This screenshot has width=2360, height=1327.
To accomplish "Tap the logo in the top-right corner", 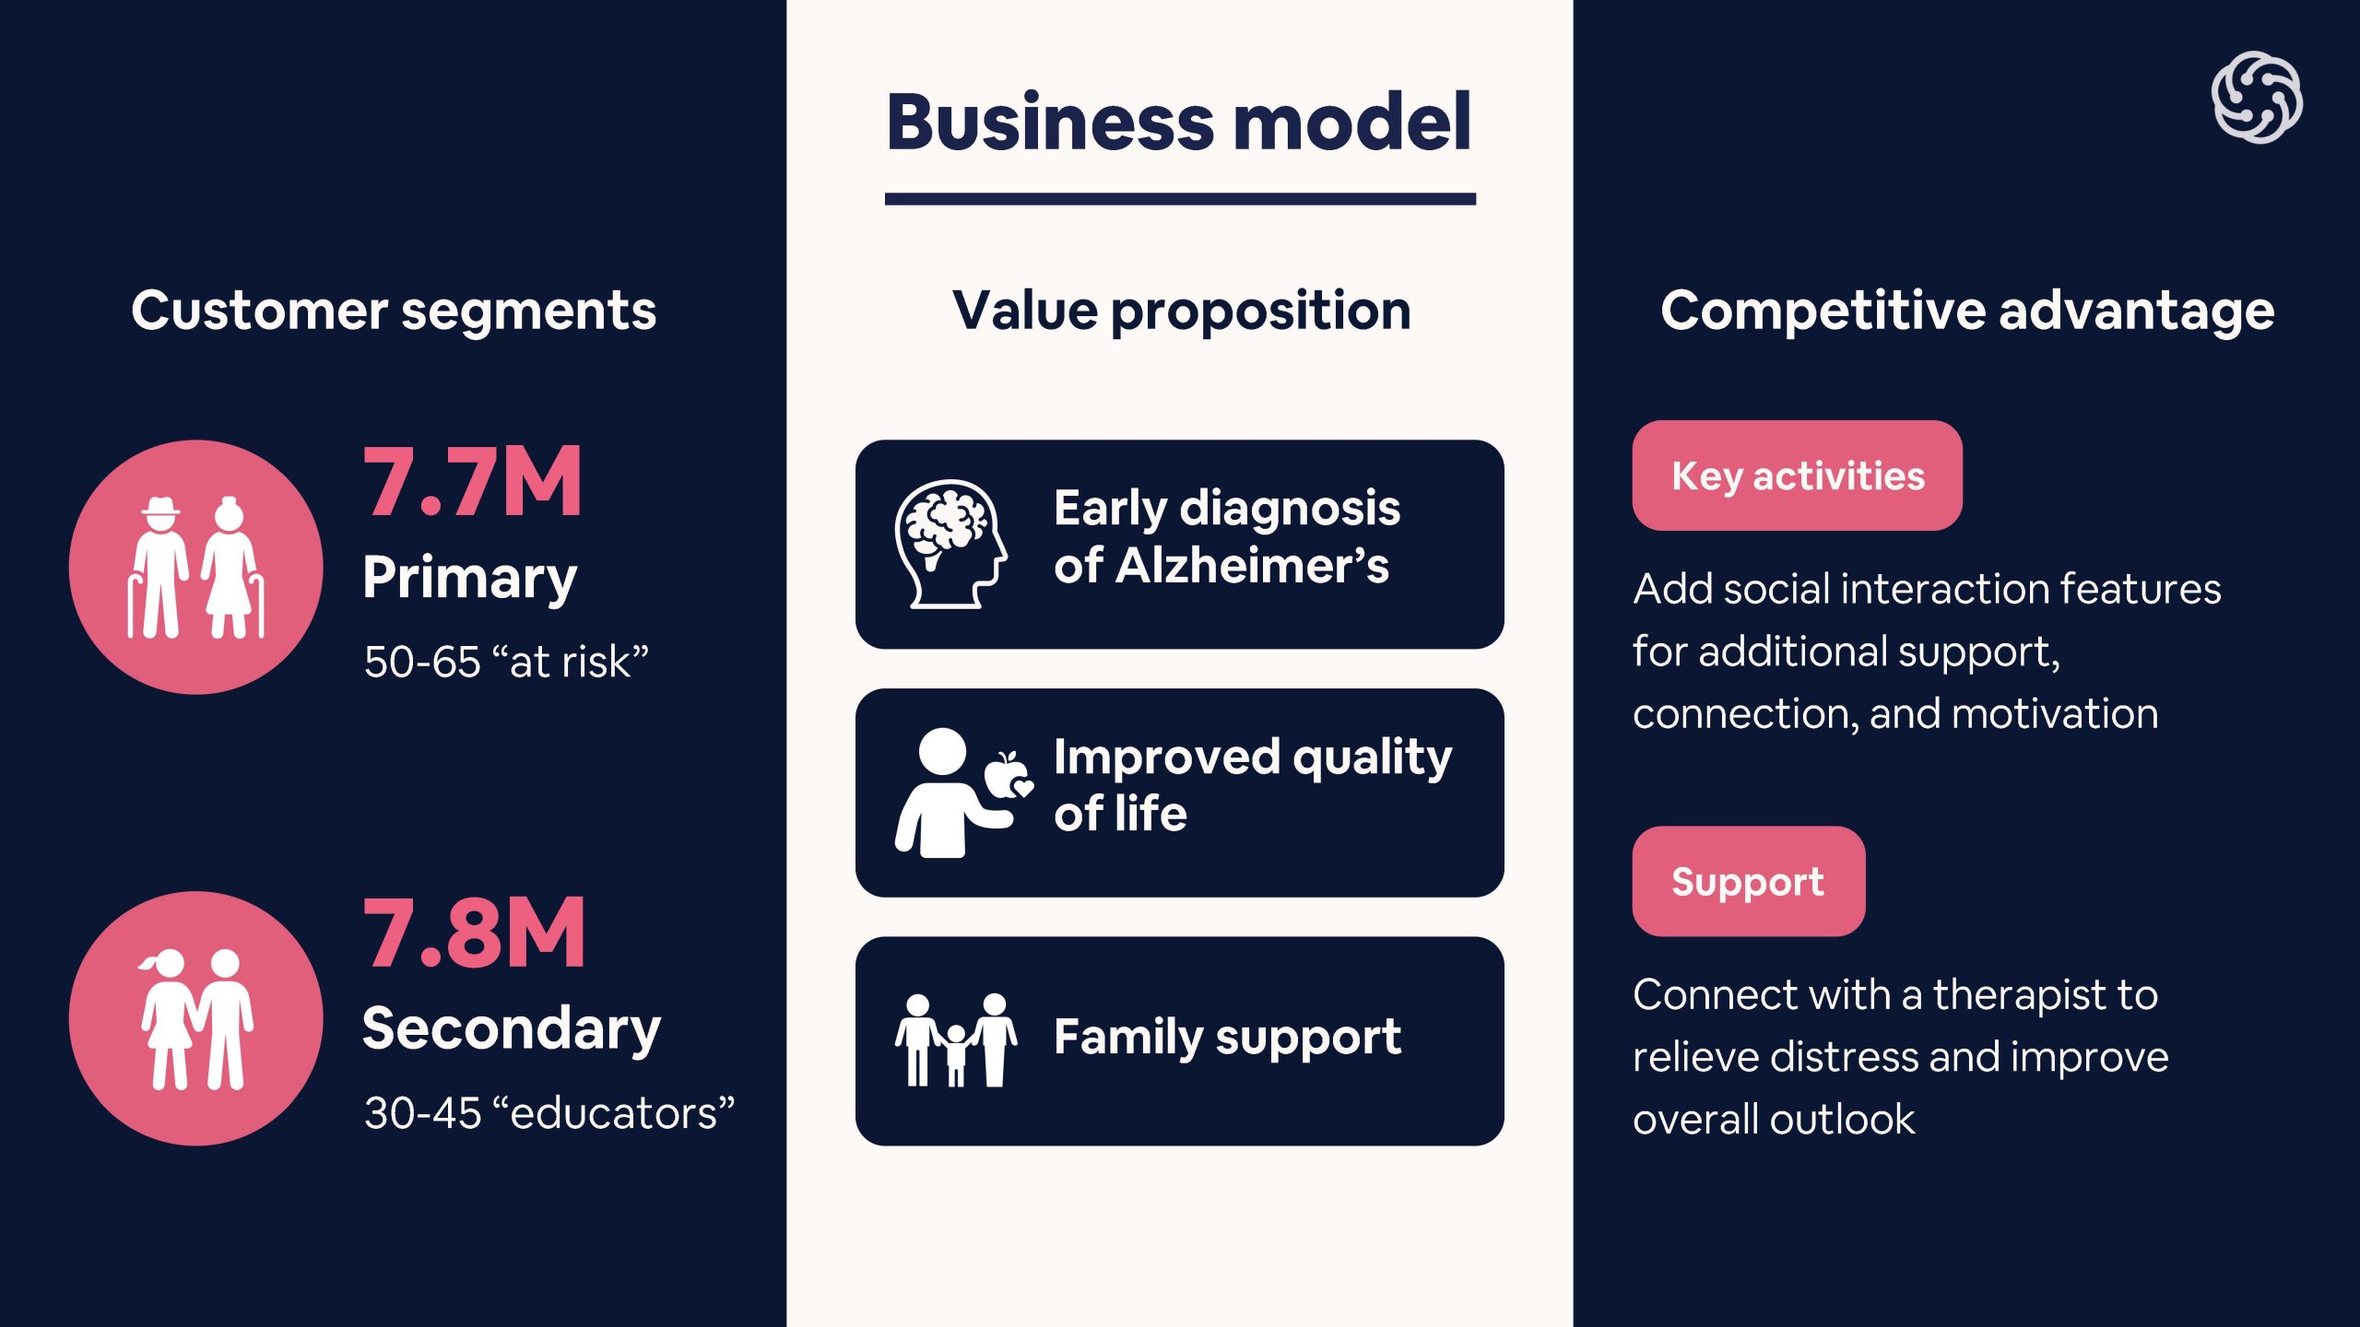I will coord(2256,98).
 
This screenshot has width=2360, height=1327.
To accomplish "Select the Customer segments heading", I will coord(394,311).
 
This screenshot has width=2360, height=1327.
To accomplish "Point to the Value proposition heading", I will coord(1181,311).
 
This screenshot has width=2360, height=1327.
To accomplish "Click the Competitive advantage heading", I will coord(1967,311).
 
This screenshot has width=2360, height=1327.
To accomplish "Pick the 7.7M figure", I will coord(473,482).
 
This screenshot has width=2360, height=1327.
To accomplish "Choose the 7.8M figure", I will coord(475,934).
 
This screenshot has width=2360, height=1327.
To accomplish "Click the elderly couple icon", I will coord(196,568).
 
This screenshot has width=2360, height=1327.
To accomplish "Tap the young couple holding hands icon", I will coord(196,1019).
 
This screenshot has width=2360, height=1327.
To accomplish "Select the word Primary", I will coord(470,579).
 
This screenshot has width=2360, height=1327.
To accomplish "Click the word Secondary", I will coord(512,1029).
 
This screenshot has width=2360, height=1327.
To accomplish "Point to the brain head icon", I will coord(950,544).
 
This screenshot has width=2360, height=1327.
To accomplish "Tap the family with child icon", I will coord(956,1040).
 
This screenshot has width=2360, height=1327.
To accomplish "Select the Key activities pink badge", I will coord(1797,476).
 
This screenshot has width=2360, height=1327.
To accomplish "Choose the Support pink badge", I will coord(1748,882).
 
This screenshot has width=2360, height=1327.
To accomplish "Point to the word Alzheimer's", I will coord(1252,566).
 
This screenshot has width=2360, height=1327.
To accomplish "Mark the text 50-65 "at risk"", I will coord(506,662).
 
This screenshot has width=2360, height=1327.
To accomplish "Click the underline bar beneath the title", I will coord(1180,199).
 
